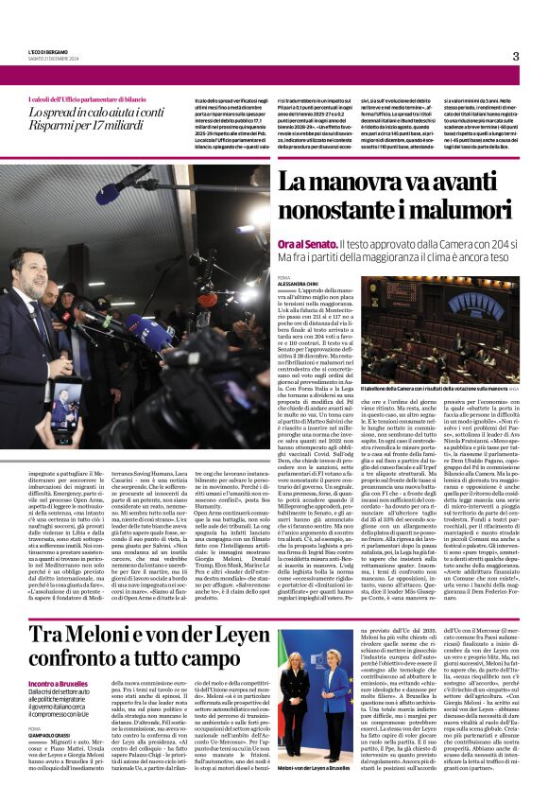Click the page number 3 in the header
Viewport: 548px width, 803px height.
click(515, 56)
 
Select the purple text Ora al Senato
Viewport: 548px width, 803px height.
click(307, 244)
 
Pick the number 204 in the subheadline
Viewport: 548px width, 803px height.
click(489, 244)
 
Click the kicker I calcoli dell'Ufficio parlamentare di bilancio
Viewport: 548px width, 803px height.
click(79, 98)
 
